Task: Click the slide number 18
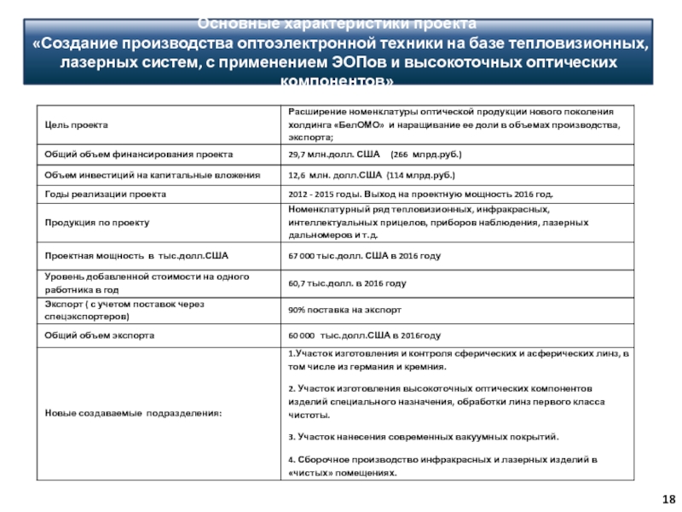(x=668, y=497)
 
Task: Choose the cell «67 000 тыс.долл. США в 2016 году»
(x=364, y=256)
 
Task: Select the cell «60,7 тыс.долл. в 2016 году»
(x=347, y=282)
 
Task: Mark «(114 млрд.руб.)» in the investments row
(x=421, y=175)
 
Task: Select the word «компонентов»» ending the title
(x=338, y=83)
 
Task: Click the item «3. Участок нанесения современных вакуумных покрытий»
(x=423, y=436)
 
